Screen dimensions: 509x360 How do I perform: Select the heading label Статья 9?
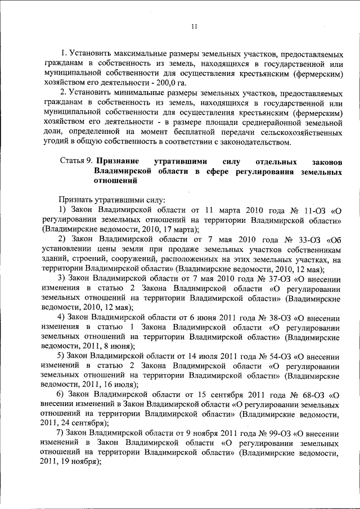pyautogui.click(x=76, y=161)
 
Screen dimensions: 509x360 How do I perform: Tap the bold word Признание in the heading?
pyautogui.click(x=118, y=161)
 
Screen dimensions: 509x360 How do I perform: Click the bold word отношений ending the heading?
pyautogui.click(x=115, y=182)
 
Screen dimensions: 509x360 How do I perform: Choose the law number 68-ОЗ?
pyautogui.click(x=310, y=395)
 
